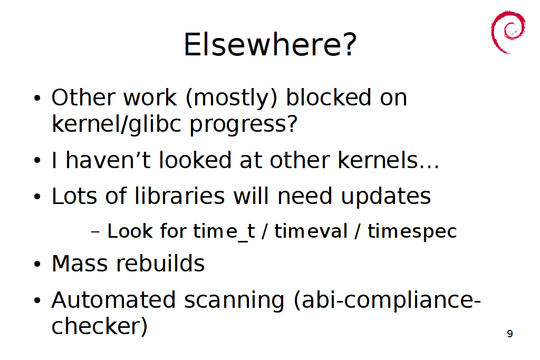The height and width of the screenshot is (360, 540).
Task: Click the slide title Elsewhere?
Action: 270,44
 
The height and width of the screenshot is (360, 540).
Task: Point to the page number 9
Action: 510,334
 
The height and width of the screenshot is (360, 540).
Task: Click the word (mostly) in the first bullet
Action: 232,98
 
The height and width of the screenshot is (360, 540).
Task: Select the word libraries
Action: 179,196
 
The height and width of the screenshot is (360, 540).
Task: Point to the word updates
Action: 385,197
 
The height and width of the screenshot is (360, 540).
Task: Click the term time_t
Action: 224,231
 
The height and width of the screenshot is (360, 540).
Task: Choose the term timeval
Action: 311,231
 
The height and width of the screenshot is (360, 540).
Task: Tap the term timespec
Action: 412,231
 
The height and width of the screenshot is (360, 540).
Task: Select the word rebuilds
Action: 160,264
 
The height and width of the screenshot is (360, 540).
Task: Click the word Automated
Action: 114,300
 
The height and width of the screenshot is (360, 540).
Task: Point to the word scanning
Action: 234,301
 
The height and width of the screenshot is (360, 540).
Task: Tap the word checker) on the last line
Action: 100,326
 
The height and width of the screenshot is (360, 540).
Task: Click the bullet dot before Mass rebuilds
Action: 37,264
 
